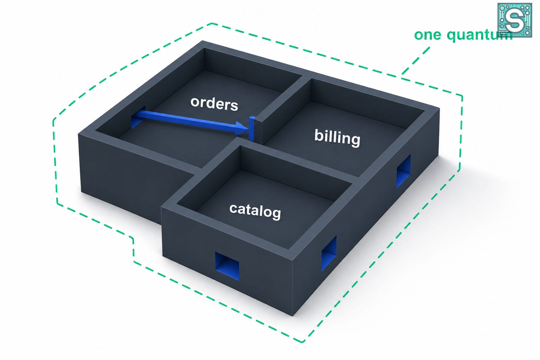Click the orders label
214,104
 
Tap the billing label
337,138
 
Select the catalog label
255,211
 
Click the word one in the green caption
427,35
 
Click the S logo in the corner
515,20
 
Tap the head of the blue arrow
242,128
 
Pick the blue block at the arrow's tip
252,129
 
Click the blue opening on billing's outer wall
403,172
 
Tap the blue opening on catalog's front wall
227,266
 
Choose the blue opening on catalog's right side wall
329,253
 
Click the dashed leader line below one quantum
415,61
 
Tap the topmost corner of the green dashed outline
212,24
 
